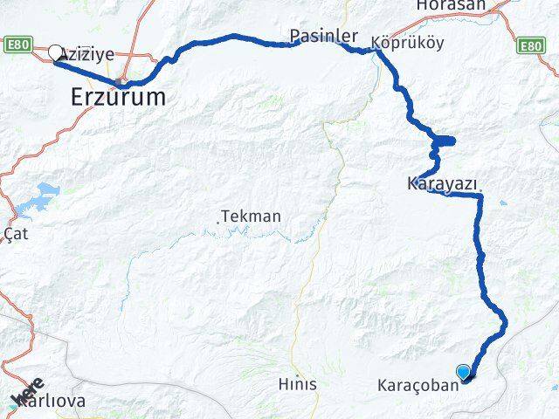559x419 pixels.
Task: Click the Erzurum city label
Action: pyautogui.click(x=118, y=98)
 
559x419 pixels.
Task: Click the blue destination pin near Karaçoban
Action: pyautogui.click(x=463, y=371)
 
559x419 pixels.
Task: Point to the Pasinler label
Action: pyautogui.click(x=323, y=37)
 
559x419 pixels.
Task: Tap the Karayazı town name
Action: pyautogui.click(x=441, y=184)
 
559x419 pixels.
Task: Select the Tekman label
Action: pyautogui.click(x=251, y=216)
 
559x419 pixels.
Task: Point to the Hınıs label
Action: pyautogui.click(x=297, y=384)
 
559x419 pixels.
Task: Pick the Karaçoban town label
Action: pyautogui.click(x=418, y=384)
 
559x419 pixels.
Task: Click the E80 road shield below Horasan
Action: pyautogui.click(x=530, y=45)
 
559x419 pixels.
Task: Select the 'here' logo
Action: pyautogui.click(x=26, y=391)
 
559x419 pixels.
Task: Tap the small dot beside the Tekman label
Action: pyautogui.click(x=218, y=222)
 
